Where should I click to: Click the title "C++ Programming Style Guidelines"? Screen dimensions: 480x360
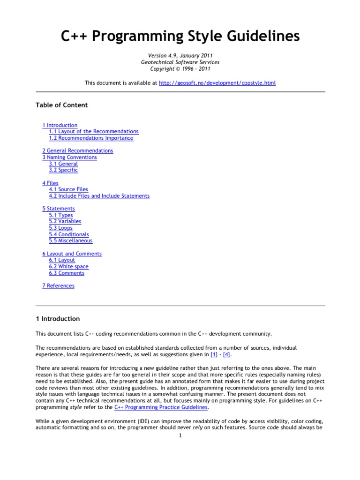(180, 36)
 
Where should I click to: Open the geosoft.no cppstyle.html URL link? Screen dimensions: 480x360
(217, 83)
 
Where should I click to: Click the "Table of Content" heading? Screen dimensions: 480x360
(61, 105)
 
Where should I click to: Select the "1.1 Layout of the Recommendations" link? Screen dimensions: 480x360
(93, 132)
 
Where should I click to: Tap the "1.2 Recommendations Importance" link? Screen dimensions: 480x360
(91, 138)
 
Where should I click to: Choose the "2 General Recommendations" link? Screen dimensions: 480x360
(77, 151)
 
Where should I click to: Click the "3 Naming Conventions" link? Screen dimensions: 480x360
(69, 157)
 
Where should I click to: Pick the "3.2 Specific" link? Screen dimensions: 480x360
(63, 170)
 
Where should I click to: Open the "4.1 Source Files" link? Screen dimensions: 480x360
(68, 189)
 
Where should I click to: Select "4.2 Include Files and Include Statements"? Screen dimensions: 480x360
(99, 196)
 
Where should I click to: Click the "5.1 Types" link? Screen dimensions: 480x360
(61, 215)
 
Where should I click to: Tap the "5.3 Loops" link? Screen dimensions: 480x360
(60, 228)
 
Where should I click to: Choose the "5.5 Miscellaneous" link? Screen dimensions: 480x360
(70, 241)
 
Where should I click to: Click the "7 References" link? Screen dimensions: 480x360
(58, 286)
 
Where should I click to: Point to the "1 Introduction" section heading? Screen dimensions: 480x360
(58, 319)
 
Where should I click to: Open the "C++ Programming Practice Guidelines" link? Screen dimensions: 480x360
(161, 408)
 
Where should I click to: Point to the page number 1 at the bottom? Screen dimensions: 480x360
(180, 435)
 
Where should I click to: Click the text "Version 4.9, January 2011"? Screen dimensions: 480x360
(180, 56)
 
